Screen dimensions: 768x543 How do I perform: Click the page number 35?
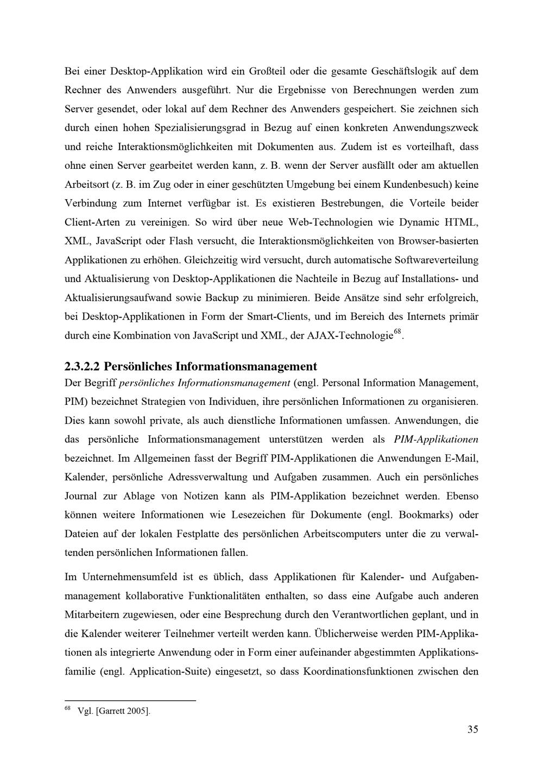point(472,729)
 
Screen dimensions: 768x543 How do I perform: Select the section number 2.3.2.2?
point(81,366)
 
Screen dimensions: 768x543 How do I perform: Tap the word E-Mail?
point(461,458)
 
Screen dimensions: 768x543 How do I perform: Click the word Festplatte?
point(199,534)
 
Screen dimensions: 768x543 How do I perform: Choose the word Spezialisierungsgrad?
point(200,128)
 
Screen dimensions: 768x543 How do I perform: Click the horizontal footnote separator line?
point(130,701)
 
